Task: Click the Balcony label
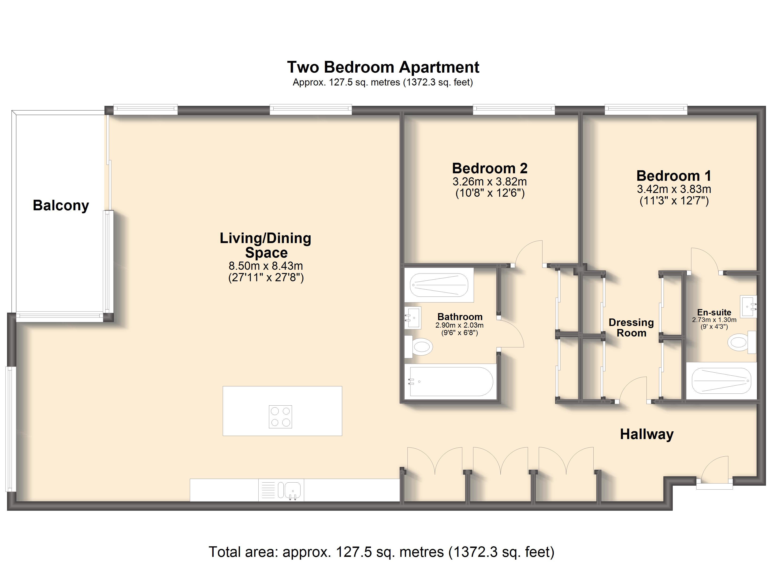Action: pyautogui.click(x=61, y=206)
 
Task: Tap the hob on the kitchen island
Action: pyautogui.click(x=280, y=417)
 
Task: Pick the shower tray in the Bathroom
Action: pyautogui.click(x=439, y=285)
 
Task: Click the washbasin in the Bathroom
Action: pyautogui.click(x=413, y=318)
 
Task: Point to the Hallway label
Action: pyautogui.click(x=647, y=434)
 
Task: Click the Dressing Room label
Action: pyautogui.click(x=631, y=328)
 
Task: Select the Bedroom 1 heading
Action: pyautogui.click(x=674, y=176)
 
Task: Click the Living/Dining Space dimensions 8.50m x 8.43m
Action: pyautogui.click(x=266, y=266)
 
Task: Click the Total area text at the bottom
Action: pyautogui.click(x=382, y=552)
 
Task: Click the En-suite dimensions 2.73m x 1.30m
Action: pyautogui.click(x=714, y=320)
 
